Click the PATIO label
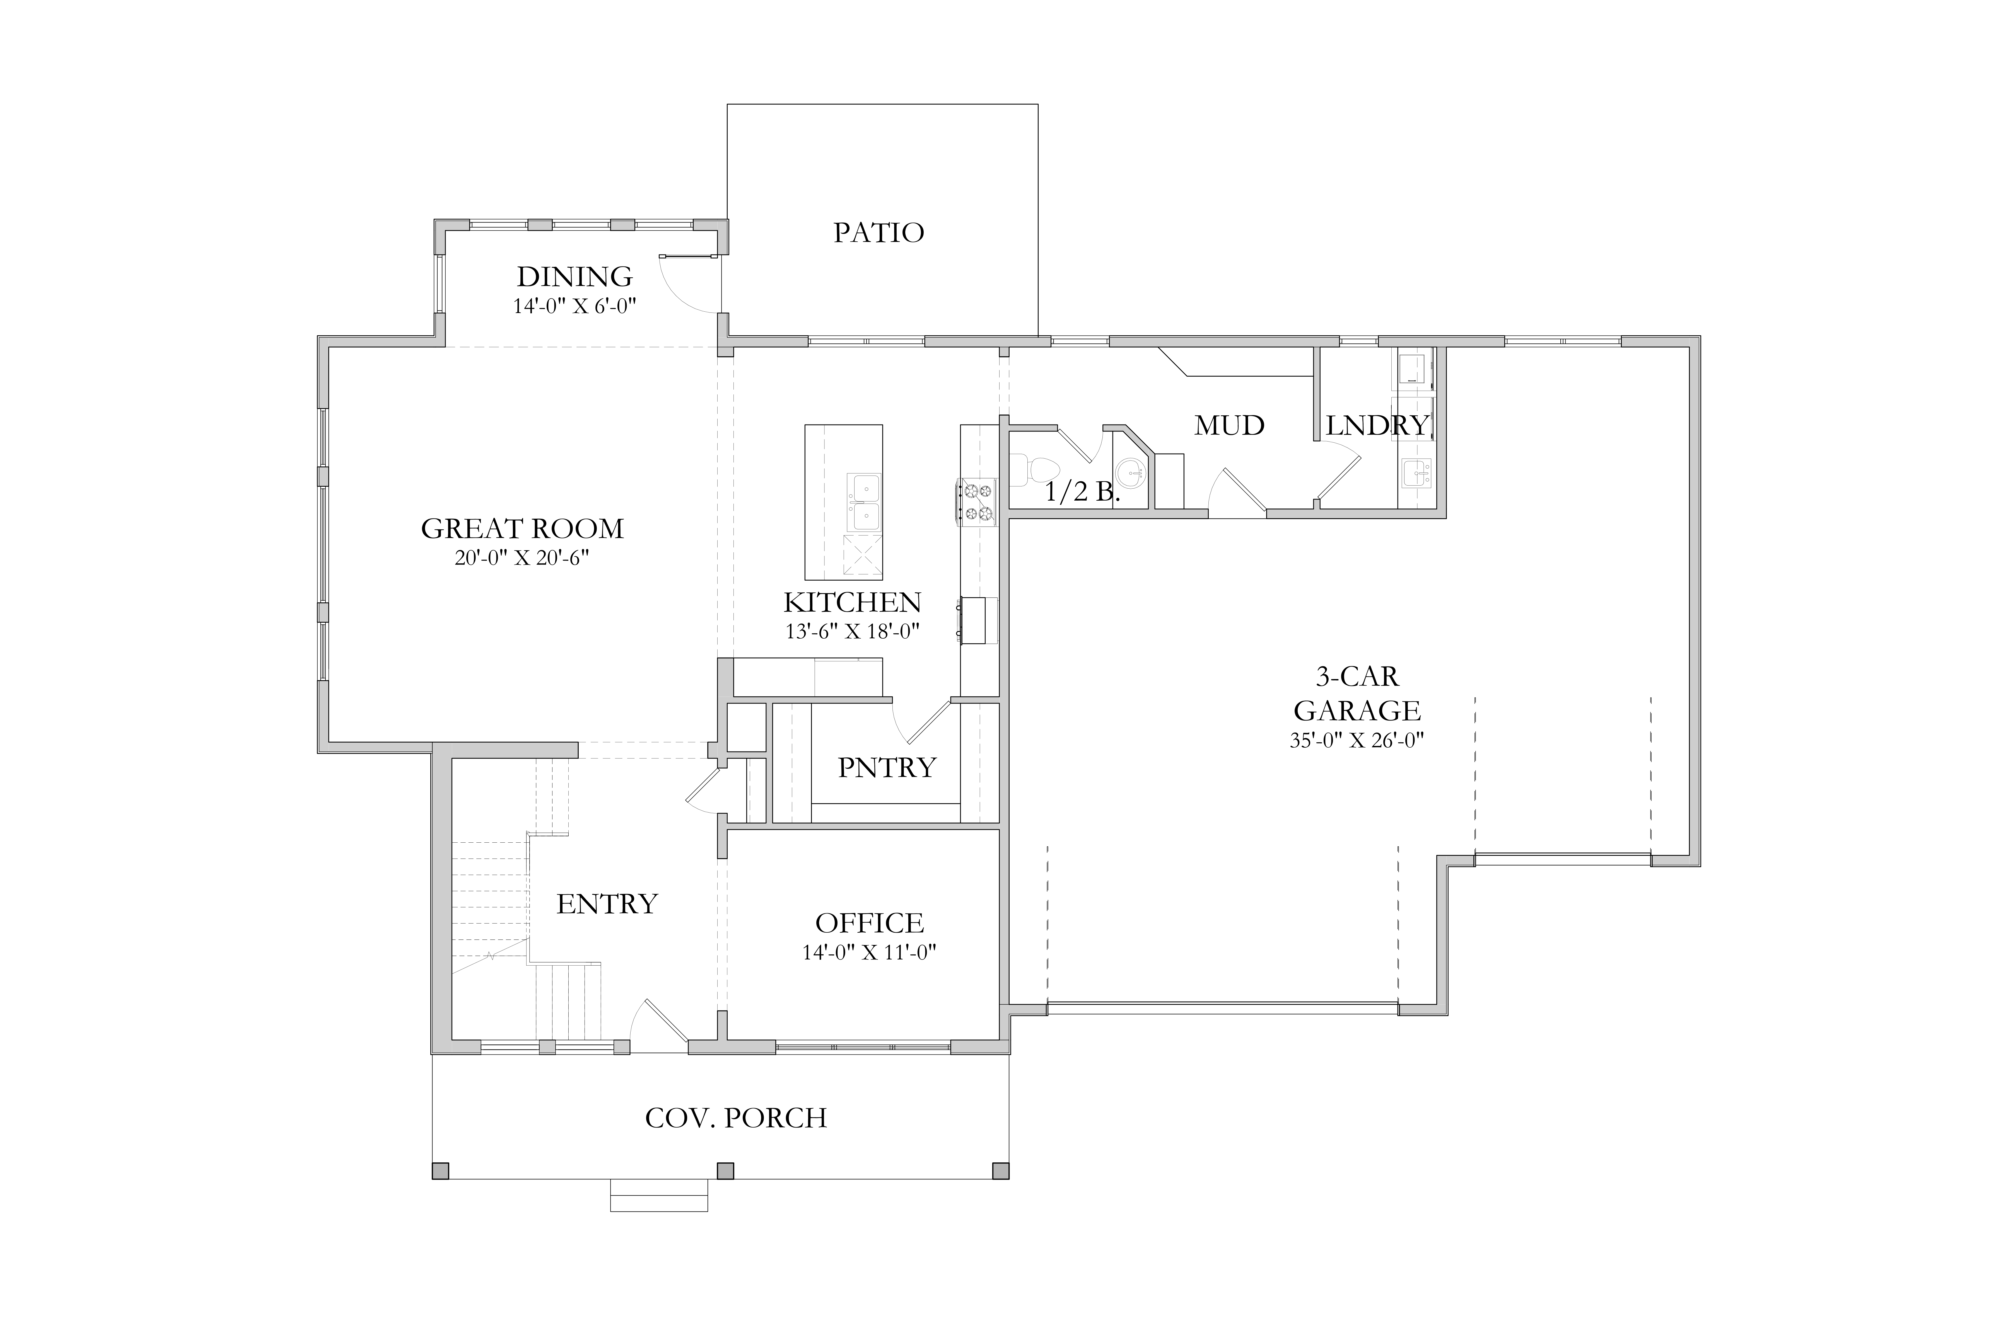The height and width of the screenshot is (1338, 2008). click(x=879, y=233)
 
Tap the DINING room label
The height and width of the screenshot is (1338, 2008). click(x=575, y=277)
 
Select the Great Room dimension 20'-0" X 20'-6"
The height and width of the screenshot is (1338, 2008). click(x=522, y=559)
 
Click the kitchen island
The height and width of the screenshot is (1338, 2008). click(x=843, y=502)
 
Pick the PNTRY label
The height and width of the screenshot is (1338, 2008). click(x=887, y=768)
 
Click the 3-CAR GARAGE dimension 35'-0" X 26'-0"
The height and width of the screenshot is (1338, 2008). click(x=1357, y=740)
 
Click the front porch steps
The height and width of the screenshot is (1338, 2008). click(x=658, y=1196)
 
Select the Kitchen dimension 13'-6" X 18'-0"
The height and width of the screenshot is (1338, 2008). click(x=852, y=632)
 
